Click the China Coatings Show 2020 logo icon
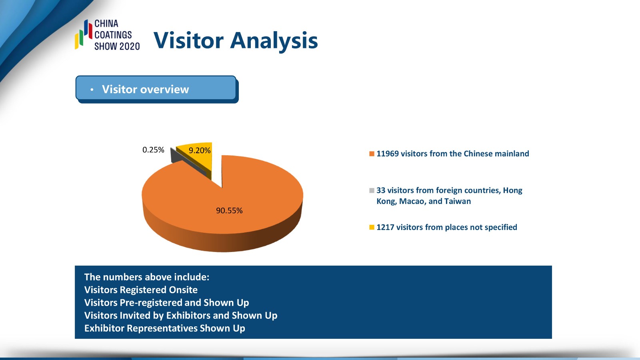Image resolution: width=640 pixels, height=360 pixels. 84,34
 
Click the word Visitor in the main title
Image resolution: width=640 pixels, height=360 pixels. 188,40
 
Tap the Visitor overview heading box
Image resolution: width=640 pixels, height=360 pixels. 156,88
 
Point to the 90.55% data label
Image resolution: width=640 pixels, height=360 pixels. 229,210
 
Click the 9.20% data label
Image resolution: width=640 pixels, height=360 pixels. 200,150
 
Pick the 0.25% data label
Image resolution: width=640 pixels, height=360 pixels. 153,150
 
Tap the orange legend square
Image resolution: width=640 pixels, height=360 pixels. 372,154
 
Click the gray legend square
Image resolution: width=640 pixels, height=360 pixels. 372,190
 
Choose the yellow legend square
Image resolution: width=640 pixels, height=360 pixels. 372,227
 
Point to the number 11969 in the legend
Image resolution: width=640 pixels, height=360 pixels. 388,154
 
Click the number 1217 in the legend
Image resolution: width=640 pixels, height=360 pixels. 385,227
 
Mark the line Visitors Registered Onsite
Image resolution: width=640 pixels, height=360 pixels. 141,290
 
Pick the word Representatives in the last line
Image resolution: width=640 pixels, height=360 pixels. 162,328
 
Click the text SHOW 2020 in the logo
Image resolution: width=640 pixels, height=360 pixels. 117,46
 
